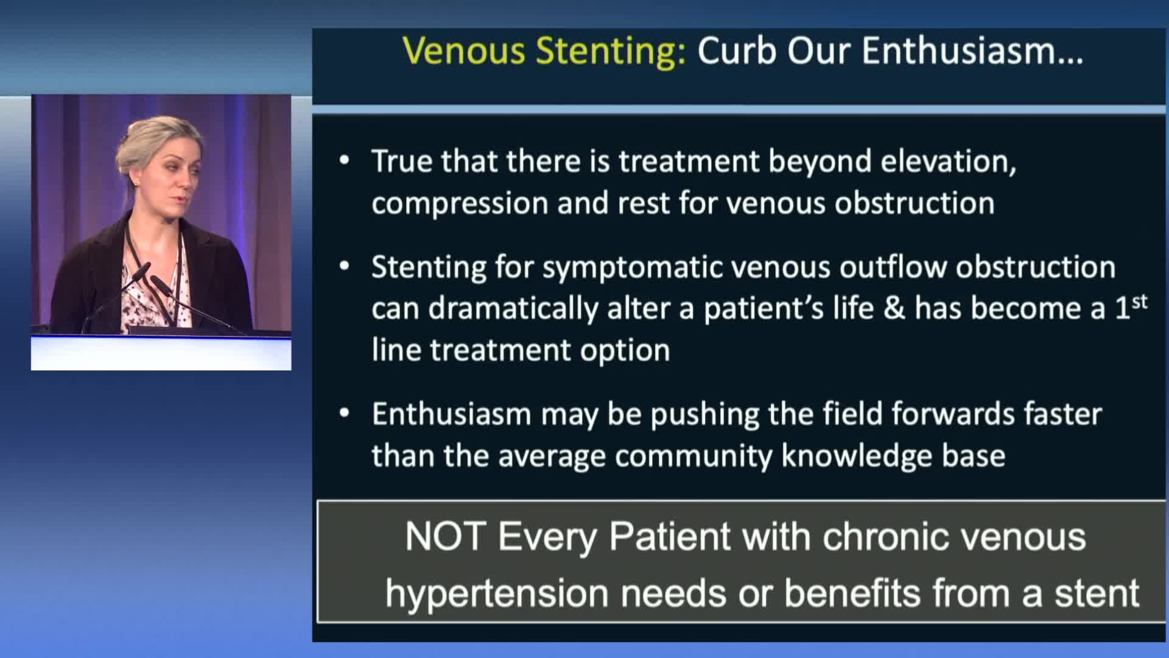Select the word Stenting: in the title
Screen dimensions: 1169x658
click(611, 51)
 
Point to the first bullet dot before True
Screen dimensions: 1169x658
click(345, 161)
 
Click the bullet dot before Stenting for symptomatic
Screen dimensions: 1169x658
click(345, 266)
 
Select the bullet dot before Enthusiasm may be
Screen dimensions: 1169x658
click(345, 414)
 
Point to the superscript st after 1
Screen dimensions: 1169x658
click(1140, 302)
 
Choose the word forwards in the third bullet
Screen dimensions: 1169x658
click(954, 414)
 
